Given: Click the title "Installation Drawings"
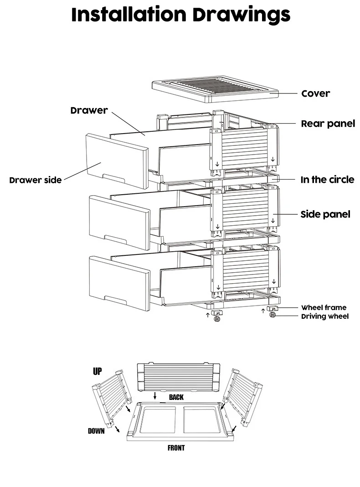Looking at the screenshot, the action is pyautogui.click(x=180, y=15).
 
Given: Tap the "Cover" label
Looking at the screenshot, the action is pyautogui.click(x=316, y=93).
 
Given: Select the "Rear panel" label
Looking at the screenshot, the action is pyautogui.click(x=328, y=124).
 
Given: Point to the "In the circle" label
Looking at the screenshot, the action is pyautogui.click(x=327, y=180).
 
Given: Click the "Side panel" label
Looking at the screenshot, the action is pyautogui.click(x=325, y=214).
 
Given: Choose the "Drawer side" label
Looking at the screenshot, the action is pyautogui.click(x=36, y=180).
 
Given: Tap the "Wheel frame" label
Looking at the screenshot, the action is pyautogui.click(x=324, y=307).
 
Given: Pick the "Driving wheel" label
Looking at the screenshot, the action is pyautogui.click(x=325, y=316).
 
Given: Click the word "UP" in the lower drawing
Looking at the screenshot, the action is pyautogui.click(x=97, y=371).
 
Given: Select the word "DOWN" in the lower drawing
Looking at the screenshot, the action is pyautogui.click(x=96, y=431).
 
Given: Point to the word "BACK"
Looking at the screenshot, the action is pyautogui.click(x=176, y=397).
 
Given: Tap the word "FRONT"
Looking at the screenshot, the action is pyautogui.click(x=176, y=448).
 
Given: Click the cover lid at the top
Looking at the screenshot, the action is pyautogui.click(x=216, y=89).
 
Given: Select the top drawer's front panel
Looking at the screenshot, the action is pyautogui.click(x=117, y=161).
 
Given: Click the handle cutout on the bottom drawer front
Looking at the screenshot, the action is pyautogui.click(x=115, y=300).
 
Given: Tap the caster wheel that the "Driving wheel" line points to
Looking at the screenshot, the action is pyautogui.click(x=273, y=315).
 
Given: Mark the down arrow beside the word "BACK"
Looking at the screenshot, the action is pyautogui.click(x=155, y=395).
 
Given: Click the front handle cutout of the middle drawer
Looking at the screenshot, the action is pyautogui.click(x=115, y=239).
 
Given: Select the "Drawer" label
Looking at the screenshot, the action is pyautogui.click(x=89, y=110).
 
